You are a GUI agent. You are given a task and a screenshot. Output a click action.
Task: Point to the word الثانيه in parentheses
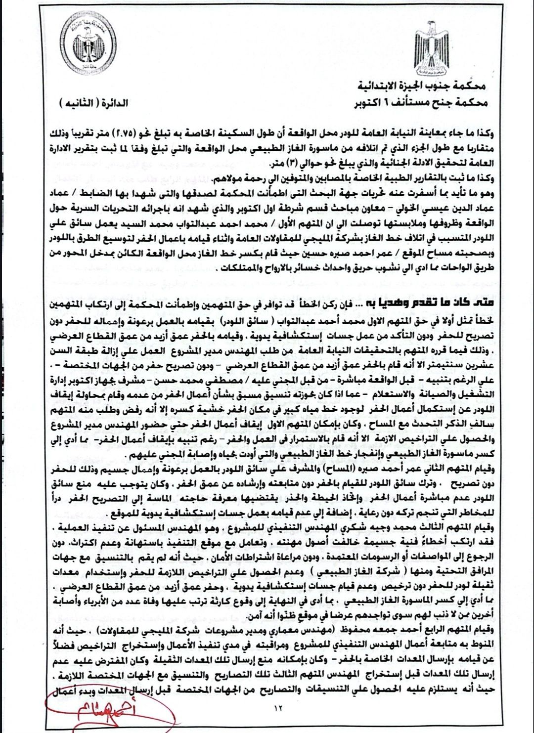pyautogui.click(x=80, y=103)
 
